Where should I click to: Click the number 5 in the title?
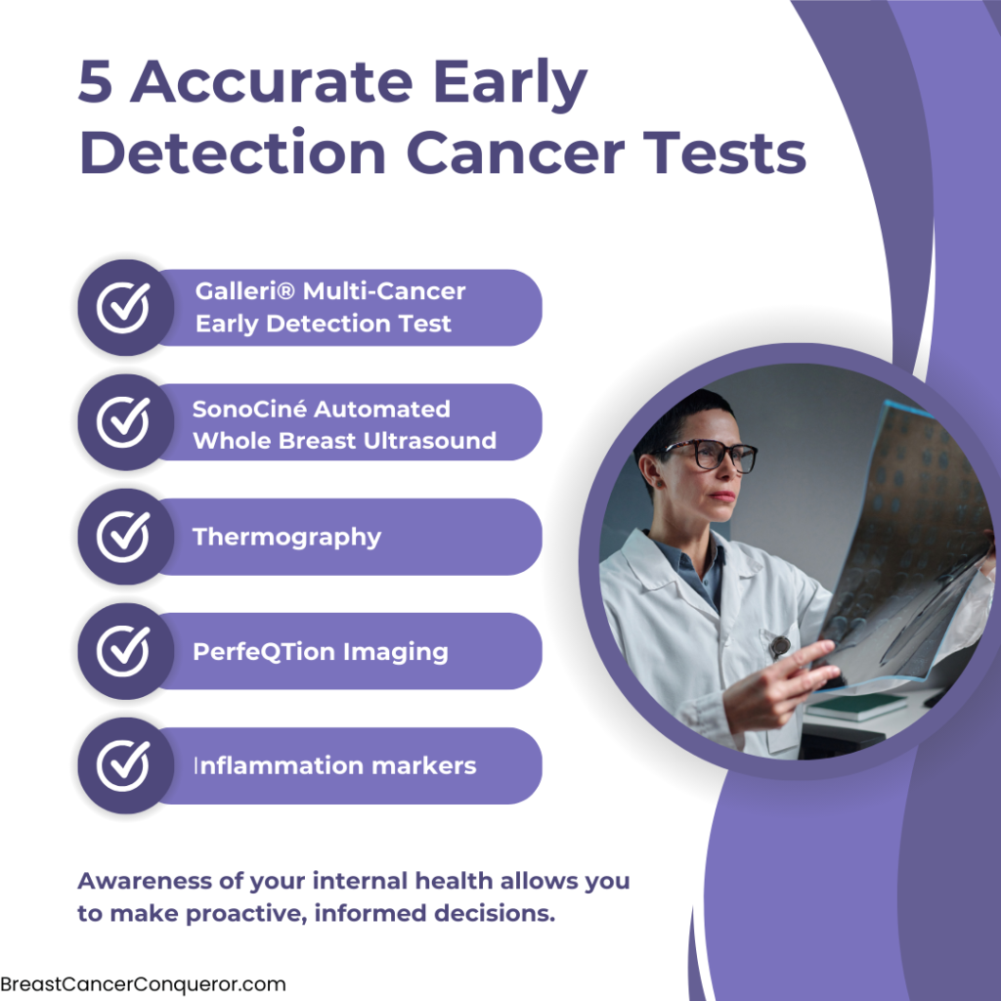coord(96,81)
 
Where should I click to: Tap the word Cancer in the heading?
coord(514,152)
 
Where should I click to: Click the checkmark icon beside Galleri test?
coord(124,307)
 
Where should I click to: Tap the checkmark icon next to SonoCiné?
coord(124,422)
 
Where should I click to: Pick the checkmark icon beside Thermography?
coord(124,537)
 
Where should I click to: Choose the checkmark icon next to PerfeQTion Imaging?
coord(124,650)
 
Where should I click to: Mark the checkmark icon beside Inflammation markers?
coord(124,765)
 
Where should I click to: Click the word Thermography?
coord(286,538)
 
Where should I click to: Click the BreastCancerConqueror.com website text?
coord(143,984)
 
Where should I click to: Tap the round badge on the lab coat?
coord(779,646)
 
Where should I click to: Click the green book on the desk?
coord(855,706)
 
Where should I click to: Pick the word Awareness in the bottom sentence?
coord(145,881)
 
